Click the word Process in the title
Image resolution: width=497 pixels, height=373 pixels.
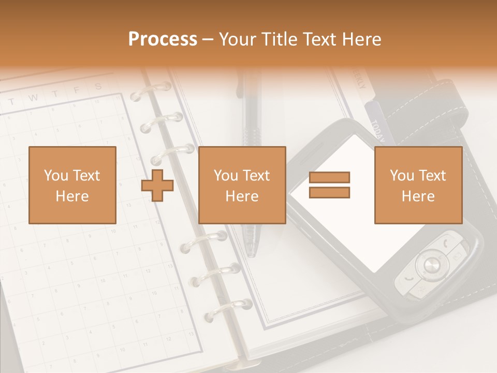tap(163, 39)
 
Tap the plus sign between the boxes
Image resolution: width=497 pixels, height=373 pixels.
tap(157, 185)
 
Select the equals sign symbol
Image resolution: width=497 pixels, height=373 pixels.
tap(329, 185)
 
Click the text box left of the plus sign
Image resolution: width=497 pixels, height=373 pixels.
tap(72, 185)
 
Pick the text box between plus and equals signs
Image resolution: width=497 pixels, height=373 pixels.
tap(242, 185)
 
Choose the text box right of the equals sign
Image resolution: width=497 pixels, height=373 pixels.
tap(418, 185)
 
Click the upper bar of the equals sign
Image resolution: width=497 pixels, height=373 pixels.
tap(329, 178)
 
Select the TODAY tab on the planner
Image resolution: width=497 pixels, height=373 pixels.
tap(377, 130)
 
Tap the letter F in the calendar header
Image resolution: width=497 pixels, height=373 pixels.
tap(77, 90)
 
